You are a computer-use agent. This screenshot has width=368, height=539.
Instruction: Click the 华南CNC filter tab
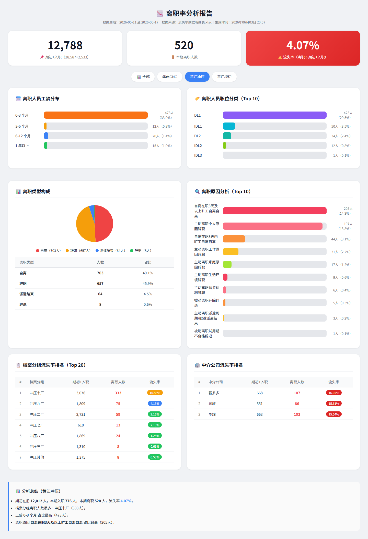coord(170,77)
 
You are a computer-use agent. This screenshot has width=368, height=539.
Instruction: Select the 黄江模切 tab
coord(224,77)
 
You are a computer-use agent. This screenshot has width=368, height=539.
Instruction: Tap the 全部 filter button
coord(143,77)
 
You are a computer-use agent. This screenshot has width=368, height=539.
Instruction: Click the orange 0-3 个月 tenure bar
coord(96,115)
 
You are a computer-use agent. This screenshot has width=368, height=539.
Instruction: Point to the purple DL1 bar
coord(275,115)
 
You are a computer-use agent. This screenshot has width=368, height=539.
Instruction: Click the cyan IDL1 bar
coord(229,126)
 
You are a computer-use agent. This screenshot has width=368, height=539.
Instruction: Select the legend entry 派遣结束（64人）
coord(110,251)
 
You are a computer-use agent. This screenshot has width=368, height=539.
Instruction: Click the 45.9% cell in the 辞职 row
coord(148,284)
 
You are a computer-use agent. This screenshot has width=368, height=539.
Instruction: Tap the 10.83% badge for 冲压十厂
coord(155,393)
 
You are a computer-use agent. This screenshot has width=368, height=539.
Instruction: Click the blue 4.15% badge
coord(155,403)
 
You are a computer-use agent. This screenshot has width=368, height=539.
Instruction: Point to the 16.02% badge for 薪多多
coord(334,393)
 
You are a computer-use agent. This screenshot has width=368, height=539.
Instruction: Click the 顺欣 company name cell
coord(212,404)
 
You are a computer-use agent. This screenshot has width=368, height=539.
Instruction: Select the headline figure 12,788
coord(65,45)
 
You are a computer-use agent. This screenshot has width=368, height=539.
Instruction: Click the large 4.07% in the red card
coord(303,45)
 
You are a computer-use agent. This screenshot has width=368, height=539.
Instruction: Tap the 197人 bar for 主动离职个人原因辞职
coord(273,226)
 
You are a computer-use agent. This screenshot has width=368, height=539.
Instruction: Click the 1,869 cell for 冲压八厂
coord(81,436)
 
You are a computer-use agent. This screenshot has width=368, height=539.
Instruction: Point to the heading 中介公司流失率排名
coord(222,365)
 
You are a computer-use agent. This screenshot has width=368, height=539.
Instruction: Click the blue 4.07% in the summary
coord(126,501)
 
